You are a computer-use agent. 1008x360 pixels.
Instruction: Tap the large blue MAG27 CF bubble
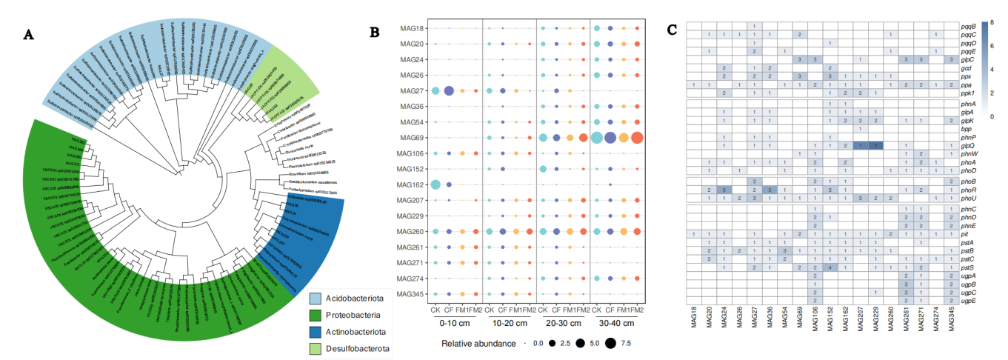coord(449,91)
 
